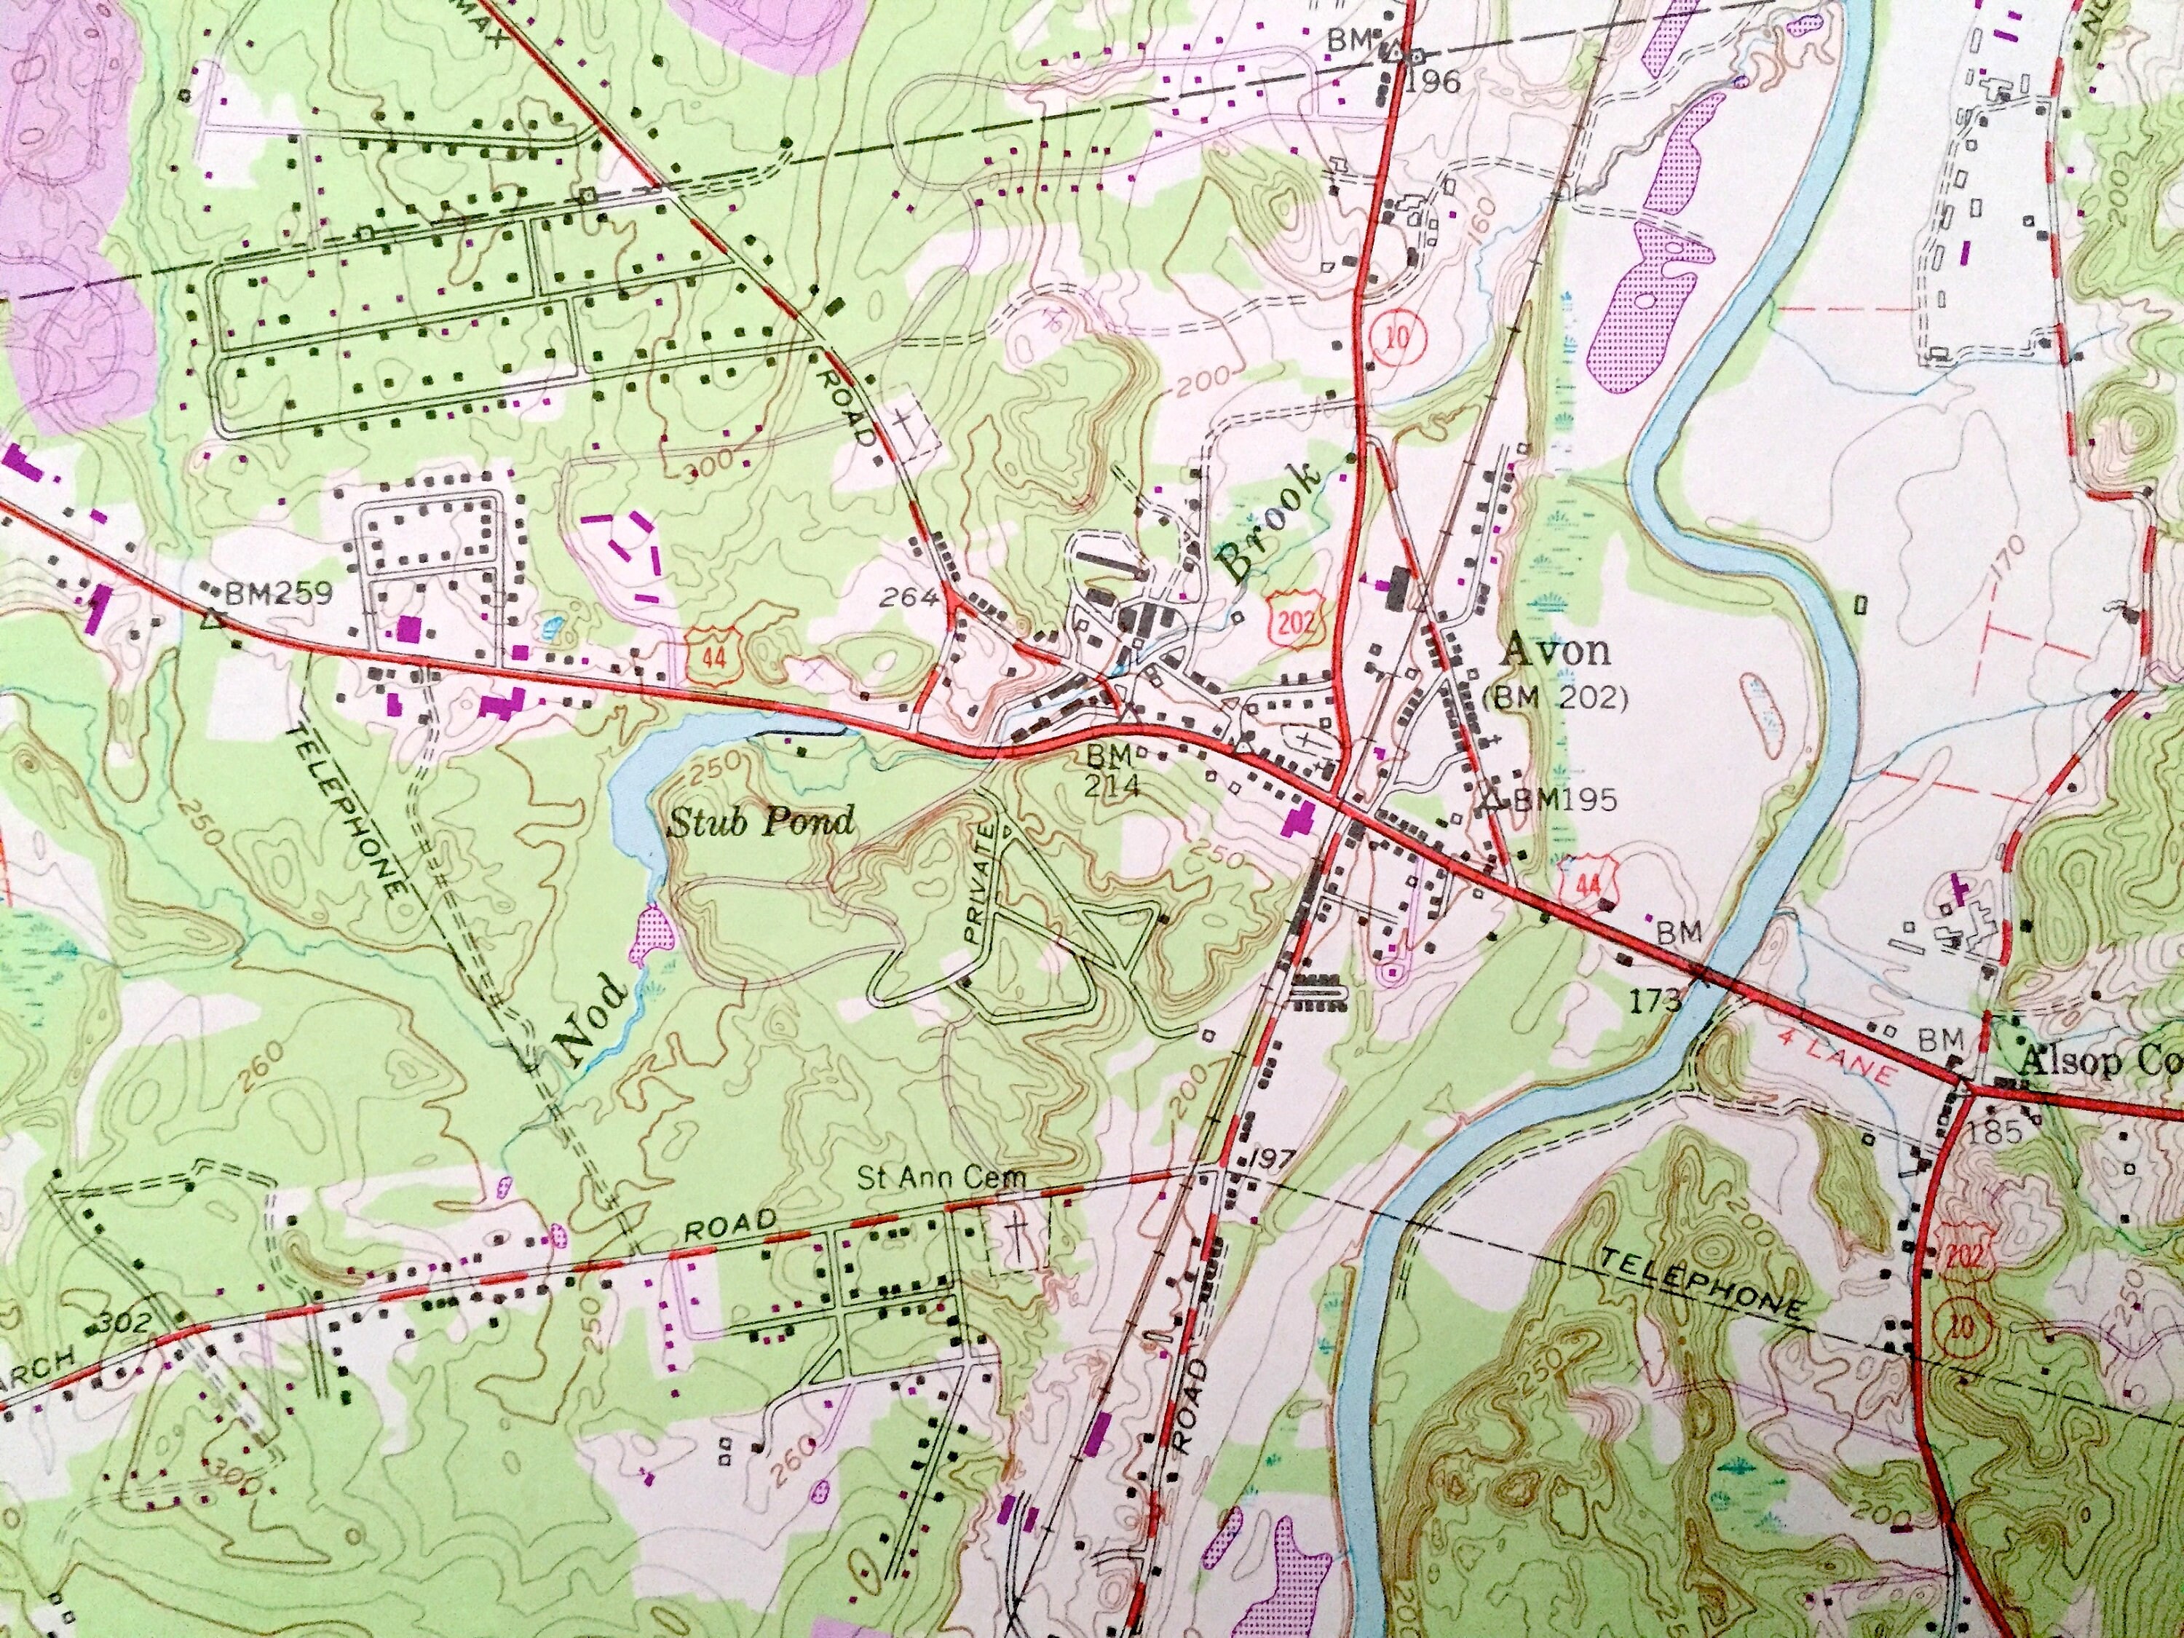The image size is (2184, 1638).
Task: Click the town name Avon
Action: tap(1555, 651)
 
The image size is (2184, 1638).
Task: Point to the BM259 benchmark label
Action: tap(278, 593)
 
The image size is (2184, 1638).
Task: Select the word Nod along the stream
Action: tap(590, 1024)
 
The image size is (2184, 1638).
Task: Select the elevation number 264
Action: tap(904, 596)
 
